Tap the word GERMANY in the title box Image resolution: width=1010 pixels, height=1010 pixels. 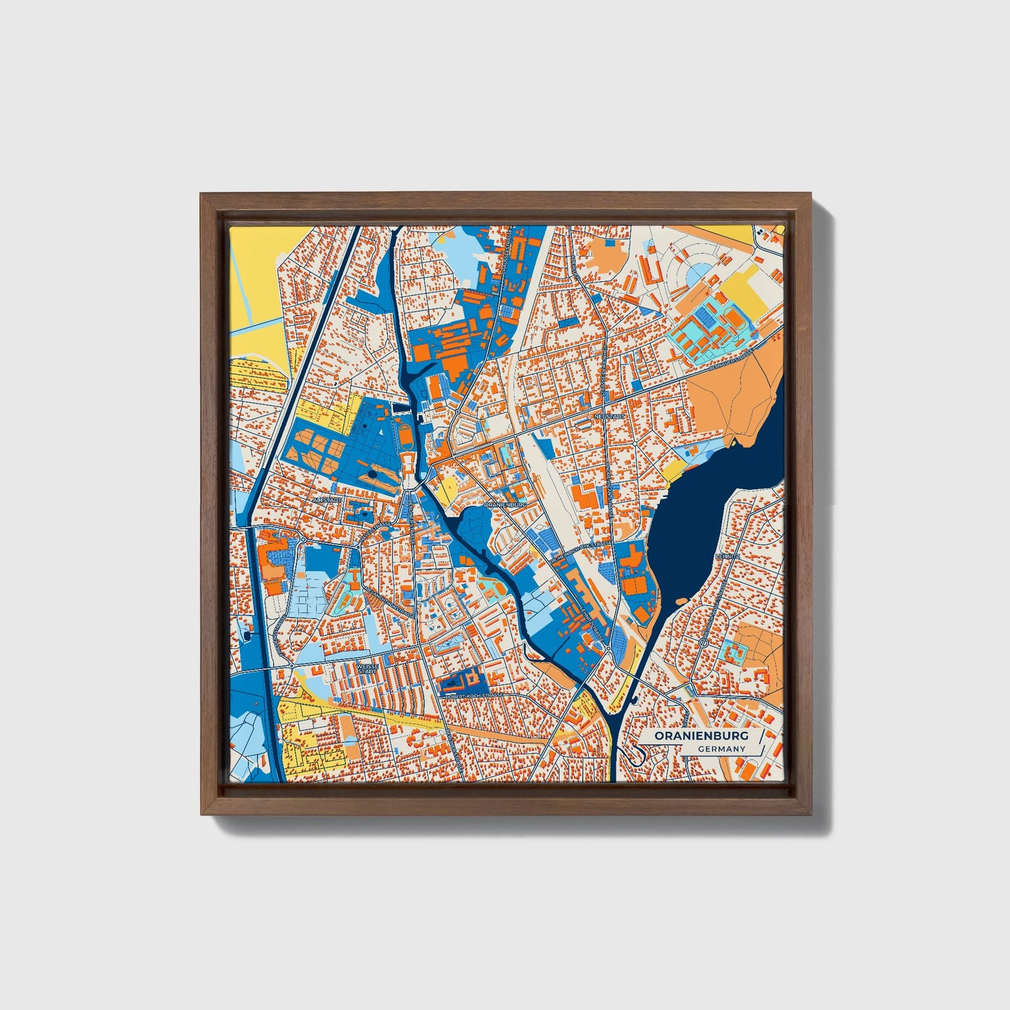721,749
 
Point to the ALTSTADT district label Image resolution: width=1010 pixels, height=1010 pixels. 327,500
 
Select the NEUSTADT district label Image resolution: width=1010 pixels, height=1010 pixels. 607,415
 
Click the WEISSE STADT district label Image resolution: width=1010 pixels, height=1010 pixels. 368,668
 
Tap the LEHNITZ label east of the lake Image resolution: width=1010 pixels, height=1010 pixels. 728,556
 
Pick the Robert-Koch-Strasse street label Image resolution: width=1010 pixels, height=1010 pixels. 471,696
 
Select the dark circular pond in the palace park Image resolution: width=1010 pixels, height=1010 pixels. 372,475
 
